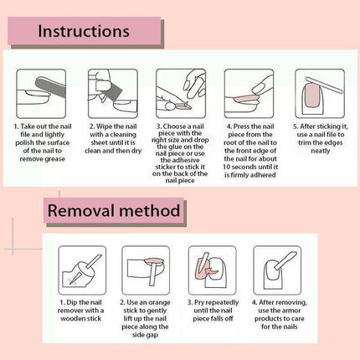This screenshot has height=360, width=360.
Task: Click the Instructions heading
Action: click(x=84, y=31)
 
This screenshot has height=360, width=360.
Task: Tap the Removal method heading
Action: click(x=114, y=210)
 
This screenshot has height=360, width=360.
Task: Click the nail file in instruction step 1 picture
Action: click(x=52, y=90)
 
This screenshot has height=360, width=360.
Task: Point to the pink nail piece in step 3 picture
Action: click(x=183, y=106)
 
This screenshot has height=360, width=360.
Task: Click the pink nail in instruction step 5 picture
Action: click(x=312, y=96)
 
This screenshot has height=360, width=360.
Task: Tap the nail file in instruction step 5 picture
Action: click(x=324, y=84)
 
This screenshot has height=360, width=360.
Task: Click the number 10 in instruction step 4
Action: click(x=227, y=167)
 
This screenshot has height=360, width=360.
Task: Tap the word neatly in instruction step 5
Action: click(x=321, y=151)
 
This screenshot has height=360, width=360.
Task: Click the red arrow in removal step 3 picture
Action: click(x=212, y=270)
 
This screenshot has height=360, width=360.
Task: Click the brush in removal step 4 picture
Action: click(x=285, y=260)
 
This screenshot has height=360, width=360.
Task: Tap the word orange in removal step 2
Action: click(x=159, y=302)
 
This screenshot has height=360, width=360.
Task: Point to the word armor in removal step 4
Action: click(x=291, y=311)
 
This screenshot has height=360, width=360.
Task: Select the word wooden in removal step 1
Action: click(x=70, y=319)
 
